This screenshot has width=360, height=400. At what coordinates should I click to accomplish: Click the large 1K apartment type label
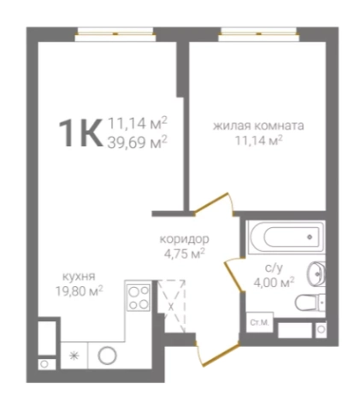[80, 133]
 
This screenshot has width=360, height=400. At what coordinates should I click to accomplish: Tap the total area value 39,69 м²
[137, 142]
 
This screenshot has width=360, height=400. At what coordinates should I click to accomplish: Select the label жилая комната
[258, 126]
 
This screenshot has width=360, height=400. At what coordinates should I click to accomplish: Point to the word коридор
[184, 239]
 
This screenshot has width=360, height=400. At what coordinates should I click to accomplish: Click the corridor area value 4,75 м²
[185, 254]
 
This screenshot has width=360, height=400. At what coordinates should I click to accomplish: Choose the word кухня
[79, 276]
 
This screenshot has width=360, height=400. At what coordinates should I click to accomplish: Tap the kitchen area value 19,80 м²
[79, 291]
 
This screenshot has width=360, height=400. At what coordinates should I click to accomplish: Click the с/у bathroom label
[274, 268]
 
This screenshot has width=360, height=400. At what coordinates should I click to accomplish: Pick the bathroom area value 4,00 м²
[274, 283]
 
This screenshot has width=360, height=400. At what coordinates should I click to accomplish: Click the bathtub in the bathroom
[286, 237]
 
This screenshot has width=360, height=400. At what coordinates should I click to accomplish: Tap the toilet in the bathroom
[310, 303]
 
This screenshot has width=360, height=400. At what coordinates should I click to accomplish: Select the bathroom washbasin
[316, 274]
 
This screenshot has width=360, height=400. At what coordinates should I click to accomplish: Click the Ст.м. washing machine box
[260, 322]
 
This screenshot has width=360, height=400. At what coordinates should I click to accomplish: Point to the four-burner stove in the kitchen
[139, 298]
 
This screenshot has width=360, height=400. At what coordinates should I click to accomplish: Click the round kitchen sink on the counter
[108, 356]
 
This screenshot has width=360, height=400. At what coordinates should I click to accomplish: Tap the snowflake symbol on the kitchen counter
[74, 356]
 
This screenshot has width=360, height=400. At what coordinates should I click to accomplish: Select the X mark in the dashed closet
[171, 307]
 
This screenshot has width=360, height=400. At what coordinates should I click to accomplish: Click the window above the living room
[259, 34]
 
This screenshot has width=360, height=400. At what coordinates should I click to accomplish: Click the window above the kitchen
[115, 34]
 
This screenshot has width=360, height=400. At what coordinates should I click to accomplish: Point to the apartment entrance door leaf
[221, 355]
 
